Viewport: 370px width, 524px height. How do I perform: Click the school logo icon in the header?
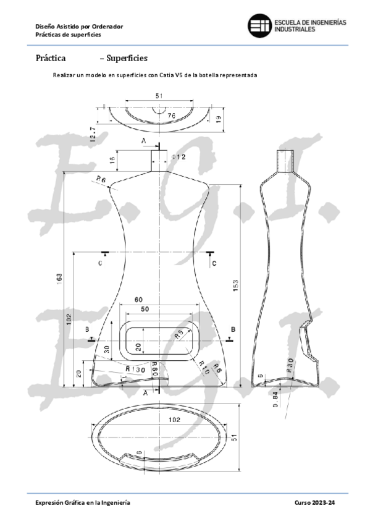pyautogui.click(x=259, y=25)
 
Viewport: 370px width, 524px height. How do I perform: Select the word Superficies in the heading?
pyautogui.click(x=127, y=59)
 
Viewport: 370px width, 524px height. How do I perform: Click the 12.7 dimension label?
pyautogui.click(x=93, y=133)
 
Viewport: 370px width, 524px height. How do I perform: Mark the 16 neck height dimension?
pyautogui.click(x=112, y=161)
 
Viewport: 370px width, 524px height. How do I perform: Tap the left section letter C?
pyautogui.click(x=100, y=263)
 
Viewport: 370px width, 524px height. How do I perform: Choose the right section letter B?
pyautogui.click(x=233, y=329)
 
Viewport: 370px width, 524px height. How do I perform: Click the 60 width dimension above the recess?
pyautogui.click(x=138, y=300)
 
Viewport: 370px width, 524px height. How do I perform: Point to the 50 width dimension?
pyautogui.click(x=145, y=308)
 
